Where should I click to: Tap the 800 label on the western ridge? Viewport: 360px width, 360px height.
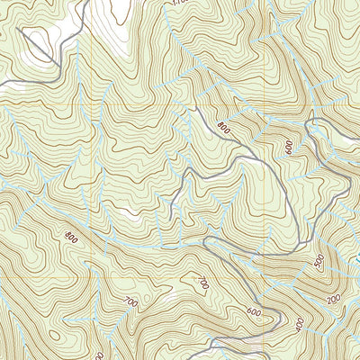click(x=69, y=237)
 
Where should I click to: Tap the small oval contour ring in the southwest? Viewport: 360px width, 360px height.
click(x=56, y=337)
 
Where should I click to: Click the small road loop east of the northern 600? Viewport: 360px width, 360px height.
click(x=317, y=132)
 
